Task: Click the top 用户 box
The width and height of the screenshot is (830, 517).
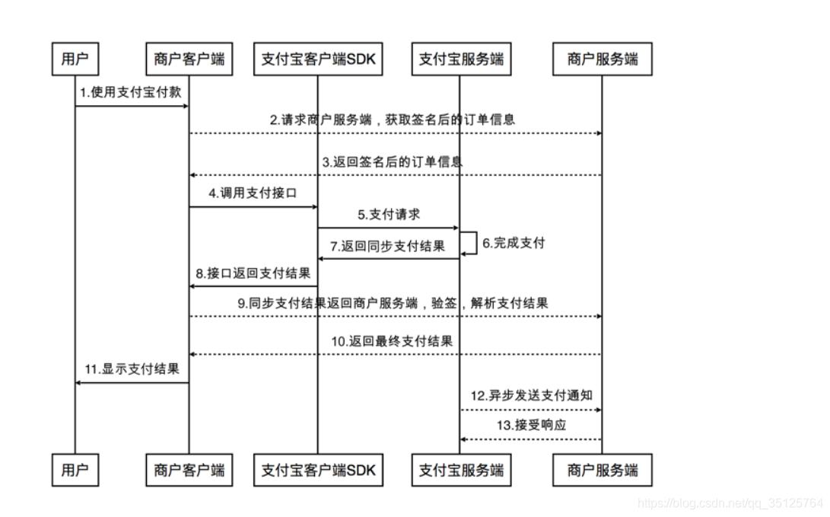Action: [x=75, y=59]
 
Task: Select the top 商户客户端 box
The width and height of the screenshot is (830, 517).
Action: [x=189, y=59]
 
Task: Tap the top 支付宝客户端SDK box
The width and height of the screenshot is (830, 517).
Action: [x=318, y=59]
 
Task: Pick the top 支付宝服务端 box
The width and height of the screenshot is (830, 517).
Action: [x=460, y=59]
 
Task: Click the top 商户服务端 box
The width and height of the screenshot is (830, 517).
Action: [x=602, y=59]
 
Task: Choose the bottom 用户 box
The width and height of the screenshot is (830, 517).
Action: [x=75, y=470]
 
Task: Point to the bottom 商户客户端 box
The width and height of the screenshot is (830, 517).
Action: [x=189, y=470]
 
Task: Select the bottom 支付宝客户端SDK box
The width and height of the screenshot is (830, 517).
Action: [x=318, y=470]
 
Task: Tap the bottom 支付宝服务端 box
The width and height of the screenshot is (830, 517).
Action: [x=460, y=470]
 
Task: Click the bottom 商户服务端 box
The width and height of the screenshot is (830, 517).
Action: [x=602, y=470]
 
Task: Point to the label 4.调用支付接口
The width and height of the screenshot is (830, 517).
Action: [x=252, y=193]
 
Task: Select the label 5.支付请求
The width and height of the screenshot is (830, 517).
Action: [x=389, y=215]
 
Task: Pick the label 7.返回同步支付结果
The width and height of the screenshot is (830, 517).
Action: [x=387, y=246]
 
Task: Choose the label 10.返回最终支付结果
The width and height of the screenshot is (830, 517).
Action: [x=392, y=341]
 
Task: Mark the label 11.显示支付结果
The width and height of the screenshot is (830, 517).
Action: [x=132, y=369]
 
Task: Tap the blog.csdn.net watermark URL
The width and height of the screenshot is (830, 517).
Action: [x=730, y=503]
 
